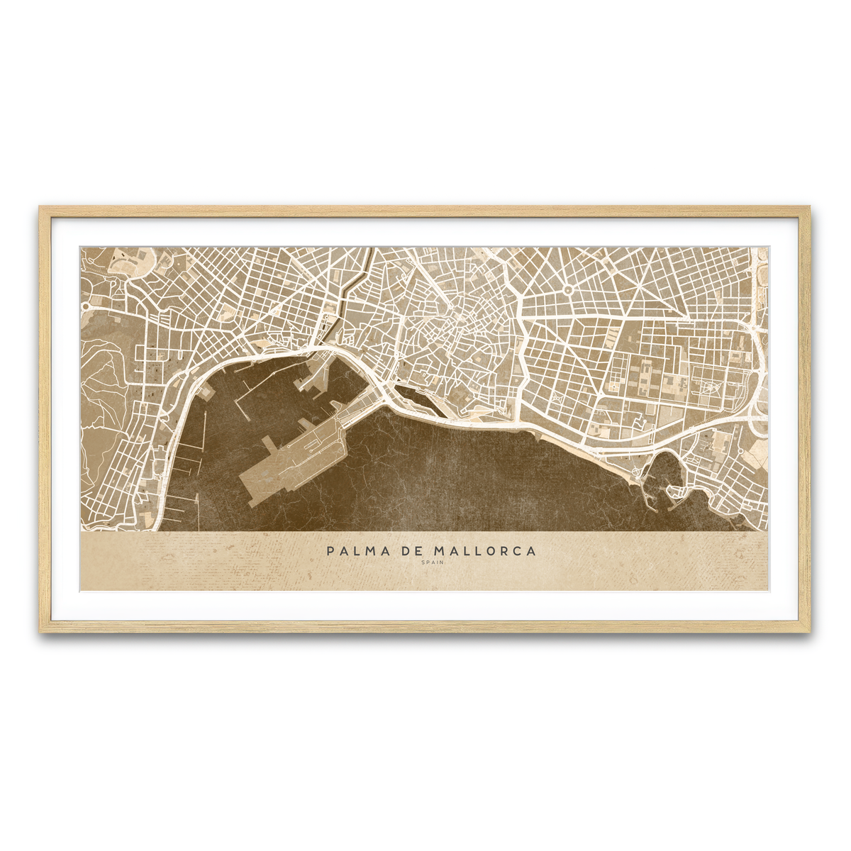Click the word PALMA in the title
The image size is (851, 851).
355,551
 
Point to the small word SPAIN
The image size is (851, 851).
431,563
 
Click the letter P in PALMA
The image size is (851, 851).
330,551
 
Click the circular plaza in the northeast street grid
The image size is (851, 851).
568,289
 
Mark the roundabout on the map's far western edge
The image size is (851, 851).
86,306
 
